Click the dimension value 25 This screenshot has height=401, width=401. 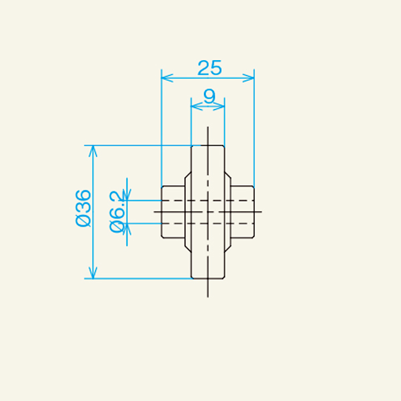pyautogui.click(x=209, y=68)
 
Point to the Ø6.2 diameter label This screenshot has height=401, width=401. pyautogui.click(x=116, y=212)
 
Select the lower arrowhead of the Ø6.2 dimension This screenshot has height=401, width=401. pyautogui.click(x=127, y=228)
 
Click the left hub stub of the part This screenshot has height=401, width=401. pyautogui.click(x=173, y=211)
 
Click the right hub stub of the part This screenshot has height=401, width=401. pyautogui.click(x=243, y=211)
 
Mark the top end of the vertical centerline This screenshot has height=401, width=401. pyautogui.click(x=208, y=128)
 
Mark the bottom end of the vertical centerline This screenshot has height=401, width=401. pyautogui.click(x=208, y=296)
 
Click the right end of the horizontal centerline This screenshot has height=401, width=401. pyautogui.click(x=261, y=212)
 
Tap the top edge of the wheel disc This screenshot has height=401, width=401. pyautogui.click(x=208, y=145)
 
